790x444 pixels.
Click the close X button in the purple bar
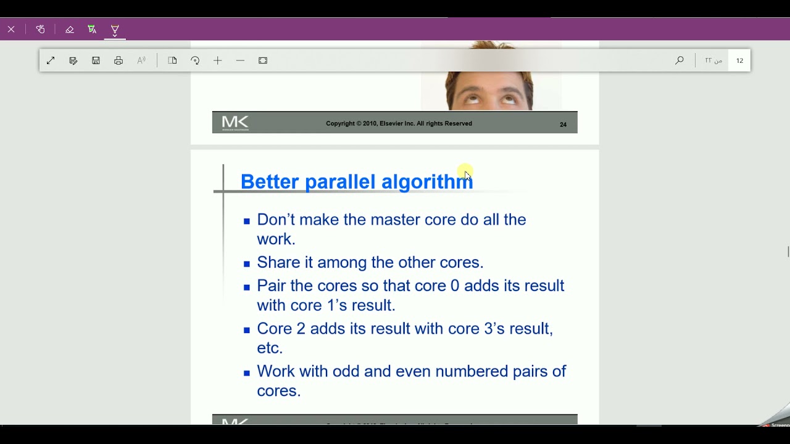pos(11,29)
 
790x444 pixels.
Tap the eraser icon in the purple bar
pos(69,29)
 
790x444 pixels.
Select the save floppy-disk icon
pos(96,60)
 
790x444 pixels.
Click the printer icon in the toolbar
pos(118,60)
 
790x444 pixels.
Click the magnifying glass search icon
pos(680,60)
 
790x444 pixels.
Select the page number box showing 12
pos(739,60)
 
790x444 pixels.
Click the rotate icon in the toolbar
pos(195,60)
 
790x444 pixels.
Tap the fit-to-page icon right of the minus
pos(263,60)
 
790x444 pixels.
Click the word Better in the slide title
pos(270,182)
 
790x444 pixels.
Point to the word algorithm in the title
pos(426,182)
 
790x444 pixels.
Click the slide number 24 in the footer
pos(563,125)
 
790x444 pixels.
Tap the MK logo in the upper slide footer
pos(235,123)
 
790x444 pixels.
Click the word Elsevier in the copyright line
pos(391,123)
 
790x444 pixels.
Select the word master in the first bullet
pos(395,220)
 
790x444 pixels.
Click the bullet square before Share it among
pos(247,264)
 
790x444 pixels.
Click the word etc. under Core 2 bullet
pos(270,348)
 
